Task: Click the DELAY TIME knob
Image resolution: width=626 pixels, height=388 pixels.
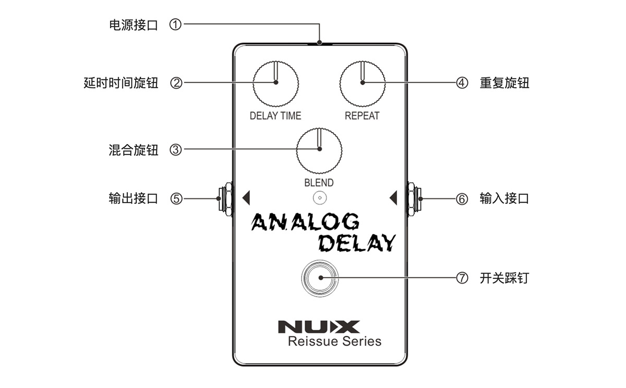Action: pos(275,83)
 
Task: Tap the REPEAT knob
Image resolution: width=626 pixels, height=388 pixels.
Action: pos(363,83)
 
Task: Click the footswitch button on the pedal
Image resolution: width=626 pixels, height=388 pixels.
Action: pos(319,278)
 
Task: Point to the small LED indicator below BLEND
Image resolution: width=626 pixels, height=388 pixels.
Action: pos(319,198)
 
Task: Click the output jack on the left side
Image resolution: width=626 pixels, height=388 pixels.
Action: pos(225,198)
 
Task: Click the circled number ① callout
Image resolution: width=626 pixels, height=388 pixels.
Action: pos(176,24)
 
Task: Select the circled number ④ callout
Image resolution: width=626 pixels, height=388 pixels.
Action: pos(462,83)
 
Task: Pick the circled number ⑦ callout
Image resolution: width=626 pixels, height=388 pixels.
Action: pos(462,278)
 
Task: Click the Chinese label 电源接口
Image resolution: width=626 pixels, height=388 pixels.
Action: pos(133,25)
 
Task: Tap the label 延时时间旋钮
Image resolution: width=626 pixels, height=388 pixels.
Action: pos(121,83)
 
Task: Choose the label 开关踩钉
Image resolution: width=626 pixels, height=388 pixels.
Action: pos(504,278)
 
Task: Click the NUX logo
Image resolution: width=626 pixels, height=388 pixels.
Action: pos(319,327)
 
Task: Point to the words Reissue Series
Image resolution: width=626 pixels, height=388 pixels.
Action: pos(334,342)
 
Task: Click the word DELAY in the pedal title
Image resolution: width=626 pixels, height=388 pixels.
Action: pos(357,242)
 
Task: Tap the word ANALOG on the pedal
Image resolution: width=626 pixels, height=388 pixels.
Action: pos(306,222)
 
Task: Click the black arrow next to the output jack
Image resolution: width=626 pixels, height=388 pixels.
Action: pos(246,198)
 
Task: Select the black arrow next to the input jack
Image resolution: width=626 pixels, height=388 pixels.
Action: pos(393,198)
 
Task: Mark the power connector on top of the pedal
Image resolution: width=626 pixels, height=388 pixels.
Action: pos(319,43)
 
